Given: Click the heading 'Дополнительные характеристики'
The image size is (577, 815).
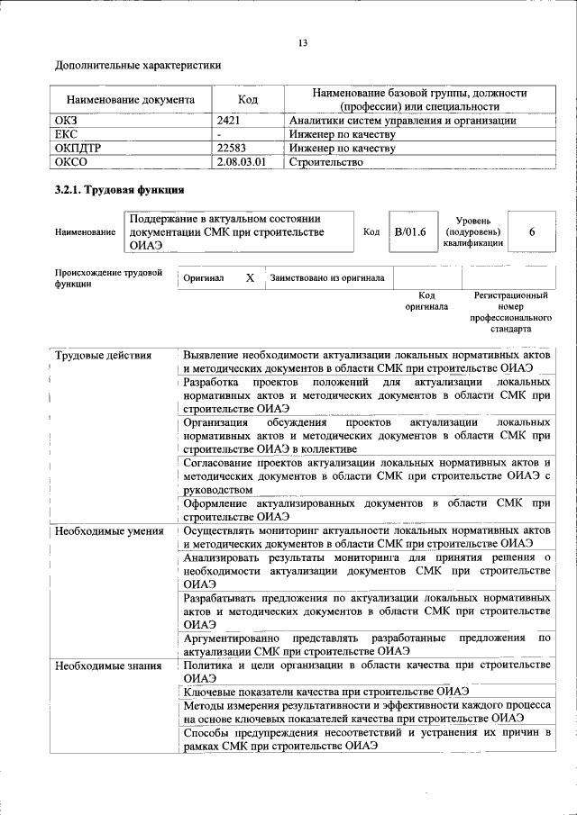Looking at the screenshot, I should point(138,65).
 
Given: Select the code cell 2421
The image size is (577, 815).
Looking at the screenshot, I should point(230,120).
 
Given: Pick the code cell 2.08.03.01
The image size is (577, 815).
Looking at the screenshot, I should point(243,162).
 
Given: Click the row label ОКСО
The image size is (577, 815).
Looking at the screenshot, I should point(72,162).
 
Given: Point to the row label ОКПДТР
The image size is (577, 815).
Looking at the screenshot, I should point(78,148).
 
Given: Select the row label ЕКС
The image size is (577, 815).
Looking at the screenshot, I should point(69,134).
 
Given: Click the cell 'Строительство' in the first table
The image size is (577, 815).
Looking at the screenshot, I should point(326,162).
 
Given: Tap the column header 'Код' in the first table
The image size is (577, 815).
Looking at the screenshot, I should point(248,100).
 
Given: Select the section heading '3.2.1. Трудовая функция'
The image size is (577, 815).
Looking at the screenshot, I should point(120,190).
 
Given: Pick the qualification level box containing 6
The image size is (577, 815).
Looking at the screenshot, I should point(532,232).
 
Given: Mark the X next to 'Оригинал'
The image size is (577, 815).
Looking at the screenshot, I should point(250,278).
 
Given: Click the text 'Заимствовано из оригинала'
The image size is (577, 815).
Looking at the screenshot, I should point(327,278).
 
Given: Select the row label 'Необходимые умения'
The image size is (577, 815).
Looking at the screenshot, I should point(109,530).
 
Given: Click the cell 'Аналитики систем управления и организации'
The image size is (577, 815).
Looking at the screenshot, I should point(402,120).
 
